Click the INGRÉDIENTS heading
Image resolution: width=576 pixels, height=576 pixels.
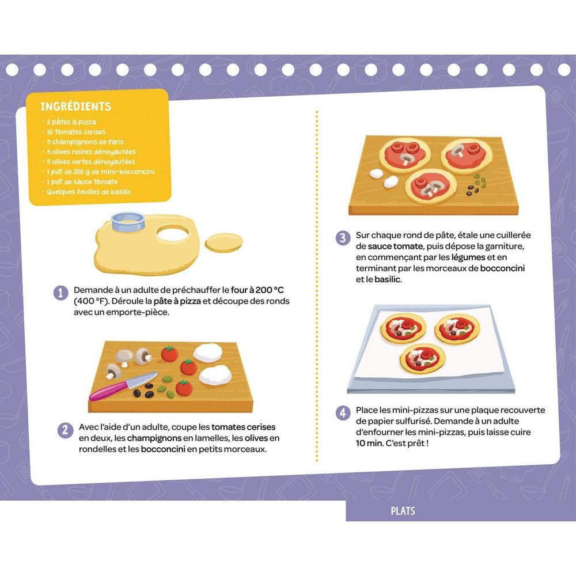pos(75,107)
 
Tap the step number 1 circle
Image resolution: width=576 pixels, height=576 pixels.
pos(61,293)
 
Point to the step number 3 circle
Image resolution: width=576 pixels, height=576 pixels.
pos(343,238)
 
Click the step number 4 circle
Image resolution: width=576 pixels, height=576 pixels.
pos(343,413)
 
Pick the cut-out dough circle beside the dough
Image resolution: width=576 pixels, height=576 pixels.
pos(223,242)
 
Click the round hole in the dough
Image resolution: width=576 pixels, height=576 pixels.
pos(173,233)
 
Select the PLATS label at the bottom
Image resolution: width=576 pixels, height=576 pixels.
pos(403,511)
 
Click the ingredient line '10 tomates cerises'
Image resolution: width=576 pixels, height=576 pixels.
pos(76,132)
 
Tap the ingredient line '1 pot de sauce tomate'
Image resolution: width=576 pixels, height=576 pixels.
pos(82,182)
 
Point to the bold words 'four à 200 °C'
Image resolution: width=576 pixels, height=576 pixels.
pos(257,290)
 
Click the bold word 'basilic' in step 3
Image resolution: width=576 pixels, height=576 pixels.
pos(388,279)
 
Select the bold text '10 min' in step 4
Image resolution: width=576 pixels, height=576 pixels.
pos(369,444)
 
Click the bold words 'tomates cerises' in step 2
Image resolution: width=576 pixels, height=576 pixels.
pos(243,427)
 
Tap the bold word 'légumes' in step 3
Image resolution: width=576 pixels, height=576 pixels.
pos(468,257)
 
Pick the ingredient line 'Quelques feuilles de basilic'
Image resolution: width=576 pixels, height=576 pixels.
pos(89,192)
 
